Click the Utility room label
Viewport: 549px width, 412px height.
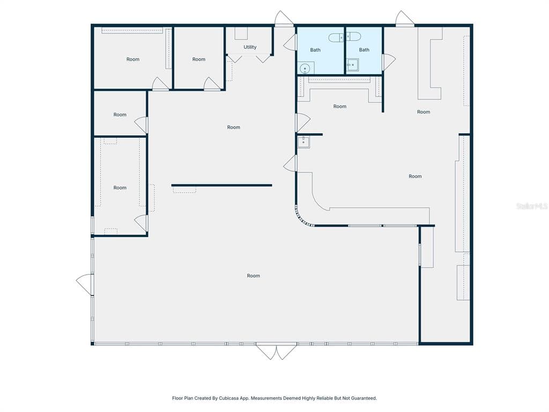point(250,47)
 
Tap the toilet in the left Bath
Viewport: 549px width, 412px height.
point(337,37)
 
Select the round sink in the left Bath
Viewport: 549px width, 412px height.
point(305,68)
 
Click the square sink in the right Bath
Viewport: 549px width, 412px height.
point(353,65)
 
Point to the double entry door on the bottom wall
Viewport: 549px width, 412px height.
point(277,352)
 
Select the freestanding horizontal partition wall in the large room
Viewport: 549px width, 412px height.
point(221,185)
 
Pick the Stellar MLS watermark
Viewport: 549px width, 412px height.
point(532,207)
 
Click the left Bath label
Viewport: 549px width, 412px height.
point(315,50)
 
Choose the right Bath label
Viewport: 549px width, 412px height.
point(364,50)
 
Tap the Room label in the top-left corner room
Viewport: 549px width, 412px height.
point(133,60)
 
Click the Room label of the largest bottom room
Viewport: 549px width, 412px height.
point(254,276)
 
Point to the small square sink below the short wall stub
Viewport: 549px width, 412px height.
point(303,142)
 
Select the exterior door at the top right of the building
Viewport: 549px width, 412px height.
point(405,18)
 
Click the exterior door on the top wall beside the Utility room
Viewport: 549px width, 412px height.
point(284,18)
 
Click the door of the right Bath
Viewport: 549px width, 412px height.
point(389,62)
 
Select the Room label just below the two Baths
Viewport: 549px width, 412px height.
point(339,107)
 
